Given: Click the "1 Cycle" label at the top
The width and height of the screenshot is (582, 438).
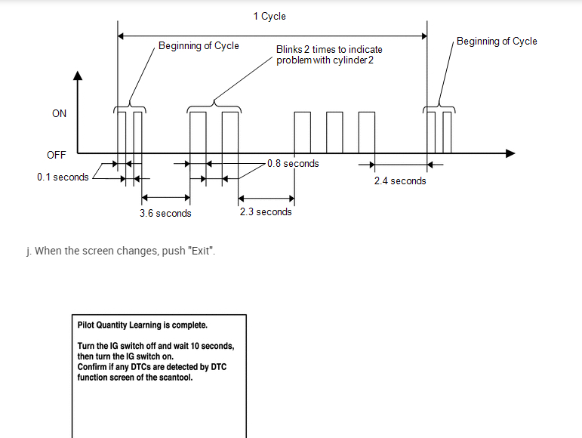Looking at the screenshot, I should click(x=269, y=16).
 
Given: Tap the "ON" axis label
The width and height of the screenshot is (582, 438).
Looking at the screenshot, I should click(x=59, y=114).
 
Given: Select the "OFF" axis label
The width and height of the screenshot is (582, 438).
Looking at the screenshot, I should click(x=57, y=155).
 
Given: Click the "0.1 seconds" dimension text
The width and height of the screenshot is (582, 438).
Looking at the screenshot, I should click(x=63, y=177).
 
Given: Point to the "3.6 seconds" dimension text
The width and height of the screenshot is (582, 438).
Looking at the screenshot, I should click(x=165, y=214).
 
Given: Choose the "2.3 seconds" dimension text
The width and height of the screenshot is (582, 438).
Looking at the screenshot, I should click(x=266, y=212).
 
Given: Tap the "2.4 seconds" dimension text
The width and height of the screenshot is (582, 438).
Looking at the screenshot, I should click(x=400, y=181).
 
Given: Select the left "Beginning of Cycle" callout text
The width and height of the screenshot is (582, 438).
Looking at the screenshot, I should click(x=199, y=46).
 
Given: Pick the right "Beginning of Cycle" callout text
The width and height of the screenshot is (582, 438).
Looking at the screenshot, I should click(x=497, y=42).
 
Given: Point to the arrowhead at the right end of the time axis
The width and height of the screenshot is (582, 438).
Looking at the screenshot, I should click(x=510, y=153).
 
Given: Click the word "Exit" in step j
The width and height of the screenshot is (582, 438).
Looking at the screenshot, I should click(x=204, y=251).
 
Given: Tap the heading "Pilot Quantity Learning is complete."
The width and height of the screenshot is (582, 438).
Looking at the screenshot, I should click(x=143, y=325).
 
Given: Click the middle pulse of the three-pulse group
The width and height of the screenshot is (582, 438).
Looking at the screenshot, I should click(x=334, y=132).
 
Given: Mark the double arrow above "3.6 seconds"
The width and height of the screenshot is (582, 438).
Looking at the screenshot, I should click(x=165, y=199).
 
